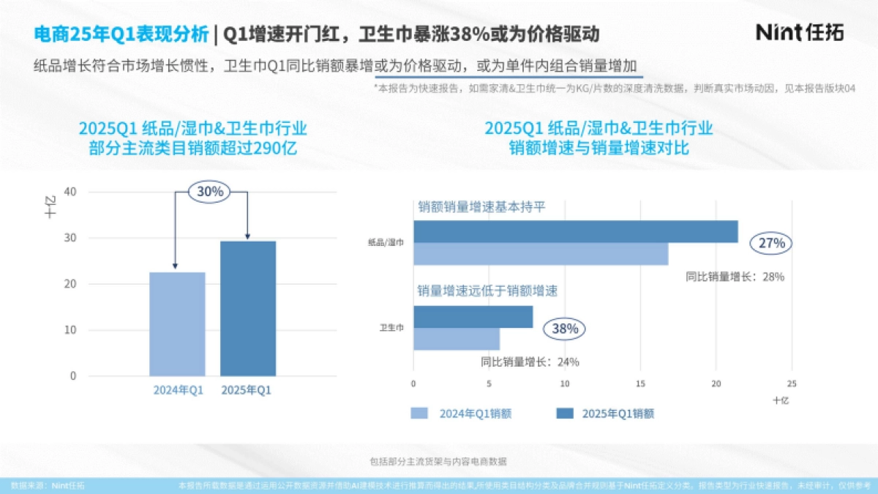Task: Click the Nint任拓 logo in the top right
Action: pos(799,33)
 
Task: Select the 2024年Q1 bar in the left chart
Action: pos(177,323)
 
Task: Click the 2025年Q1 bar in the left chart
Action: pos(248,307)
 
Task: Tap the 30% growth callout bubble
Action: pos(210,192)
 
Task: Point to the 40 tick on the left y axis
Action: pos(71,192)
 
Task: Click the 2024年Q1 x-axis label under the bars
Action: pos(178,390)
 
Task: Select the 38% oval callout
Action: pos(565,329)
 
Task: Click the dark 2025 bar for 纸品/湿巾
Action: pos(575,231)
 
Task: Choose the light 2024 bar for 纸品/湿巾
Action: pos(540,253)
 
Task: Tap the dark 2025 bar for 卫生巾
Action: pos(473,317)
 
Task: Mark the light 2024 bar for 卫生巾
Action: pos(457,339)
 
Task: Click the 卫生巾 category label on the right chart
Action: pos(391,328)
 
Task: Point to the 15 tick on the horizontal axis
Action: pos(640,383)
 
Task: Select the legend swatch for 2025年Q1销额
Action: pos(564,413)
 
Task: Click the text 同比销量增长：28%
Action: pos(735,277)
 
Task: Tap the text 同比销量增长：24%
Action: pos(530,362)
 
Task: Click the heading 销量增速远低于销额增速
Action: pos(487,291)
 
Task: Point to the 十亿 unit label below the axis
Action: pos(781,400)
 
